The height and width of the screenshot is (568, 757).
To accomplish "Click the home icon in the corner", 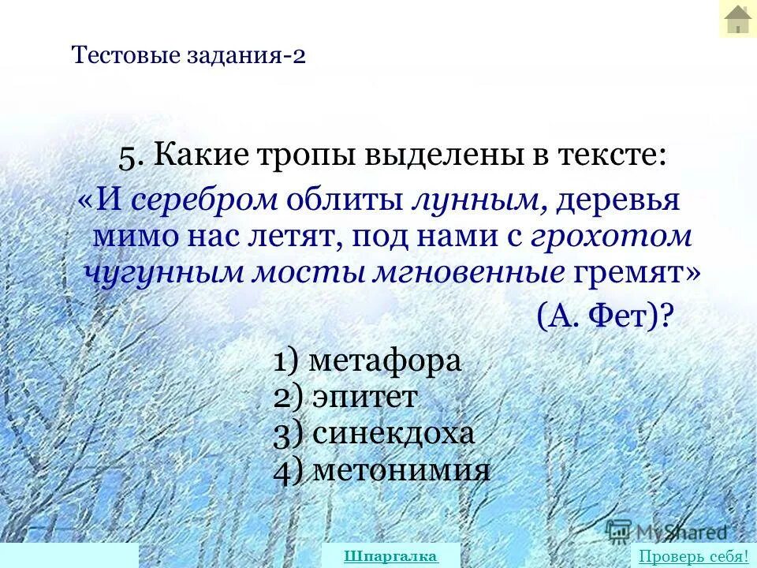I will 737,19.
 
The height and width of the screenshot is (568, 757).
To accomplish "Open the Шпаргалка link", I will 390,555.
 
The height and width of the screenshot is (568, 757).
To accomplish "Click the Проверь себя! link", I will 693,555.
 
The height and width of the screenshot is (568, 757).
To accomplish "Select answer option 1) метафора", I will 367,361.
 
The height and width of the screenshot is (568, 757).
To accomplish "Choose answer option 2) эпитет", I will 345,397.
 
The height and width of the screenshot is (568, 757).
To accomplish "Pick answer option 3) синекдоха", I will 374,434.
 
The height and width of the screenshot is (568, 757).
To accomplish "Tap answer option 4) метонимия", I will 382,470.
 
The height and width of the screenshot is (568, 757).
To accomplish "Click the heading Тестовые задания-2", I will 188,56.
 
